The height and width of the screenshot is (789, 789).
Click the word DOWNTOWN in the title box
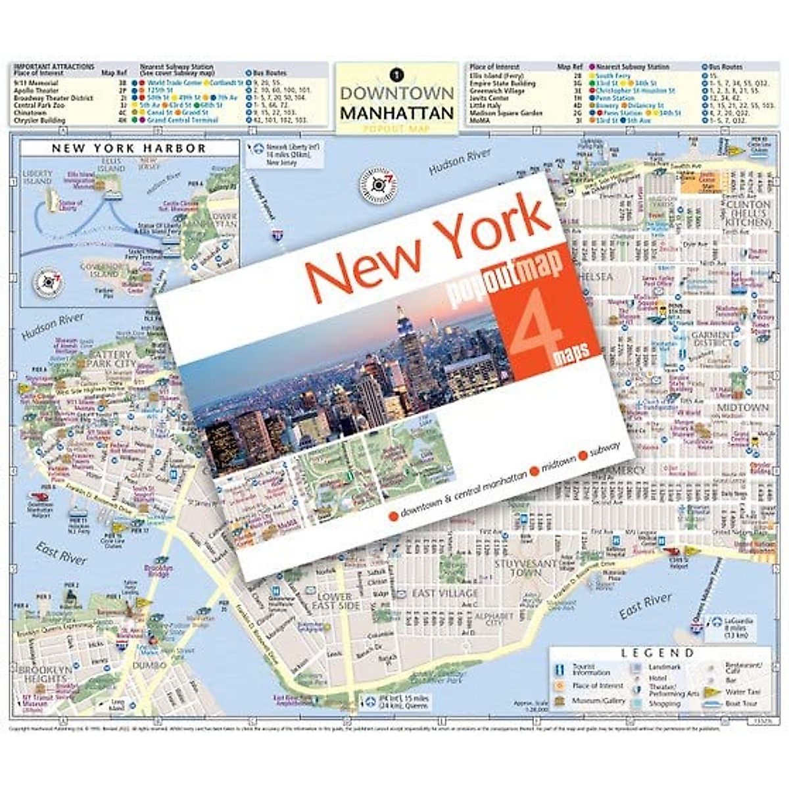(x=396, y=93)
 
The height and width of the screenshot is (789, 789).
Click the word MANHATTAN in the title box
(x=396, y=112)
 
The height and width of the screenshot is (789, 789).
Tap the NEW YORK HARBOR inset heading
(x=129, y=149)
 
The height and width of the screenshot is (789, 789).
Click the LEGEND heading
(x=657, y=653)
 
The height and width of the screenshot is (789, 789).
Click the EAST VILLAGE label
(x=445, y=594)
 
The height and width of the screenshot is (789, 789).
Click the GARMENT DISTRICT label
(x=712, y=339)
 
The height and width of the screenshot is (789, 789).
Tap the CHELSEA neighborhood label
(x=591, y=277)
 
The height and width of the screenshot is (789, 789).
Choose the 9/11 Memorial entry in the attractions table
(x=36, y=84)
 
